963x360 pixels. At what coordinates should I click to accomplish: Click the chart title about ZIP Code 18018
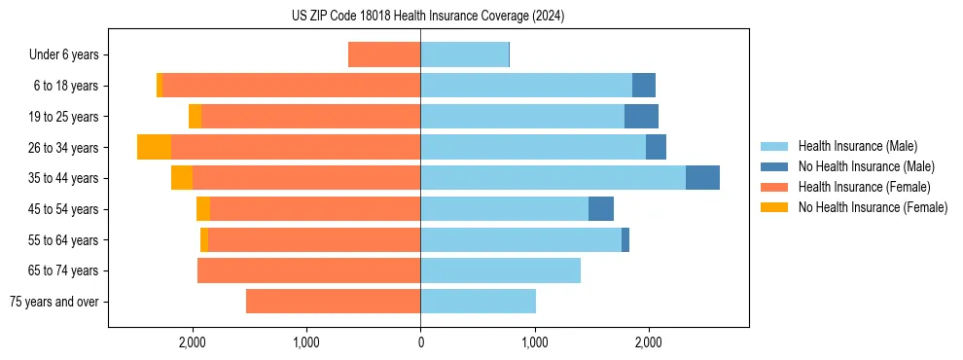[428, 16]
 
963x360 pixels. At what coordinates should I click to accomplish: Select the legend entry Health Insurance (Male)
[857, 146]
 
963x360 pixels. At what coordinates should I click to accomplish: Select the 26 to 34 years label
[65, 148]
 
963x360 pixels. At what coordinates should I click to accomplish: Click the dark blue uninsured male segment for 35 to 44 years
[702, 178]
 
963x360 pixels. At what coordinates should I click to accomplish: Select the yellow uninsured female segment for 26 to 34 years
[154, 147]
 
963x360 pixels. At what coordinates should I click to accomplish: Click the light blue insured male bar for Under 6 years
[464, 55]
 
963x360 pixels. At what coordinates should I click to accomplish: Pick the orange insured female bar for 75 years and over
[333, 302]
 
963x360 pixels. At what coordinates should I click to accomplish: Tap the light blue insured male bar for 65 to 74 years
[500, 270]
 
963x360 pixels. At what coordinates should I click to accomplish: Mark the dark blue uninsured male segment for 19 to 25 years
[641, 117]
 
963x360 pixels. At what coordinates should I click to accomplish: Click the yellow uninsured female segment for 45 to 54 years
[202, 209]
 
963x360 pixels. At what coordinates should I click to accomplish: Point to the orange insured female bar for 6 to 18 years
[291, 86]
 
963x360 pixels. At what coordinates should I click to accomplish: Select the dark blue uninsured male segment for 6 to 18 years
[643, 86]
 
